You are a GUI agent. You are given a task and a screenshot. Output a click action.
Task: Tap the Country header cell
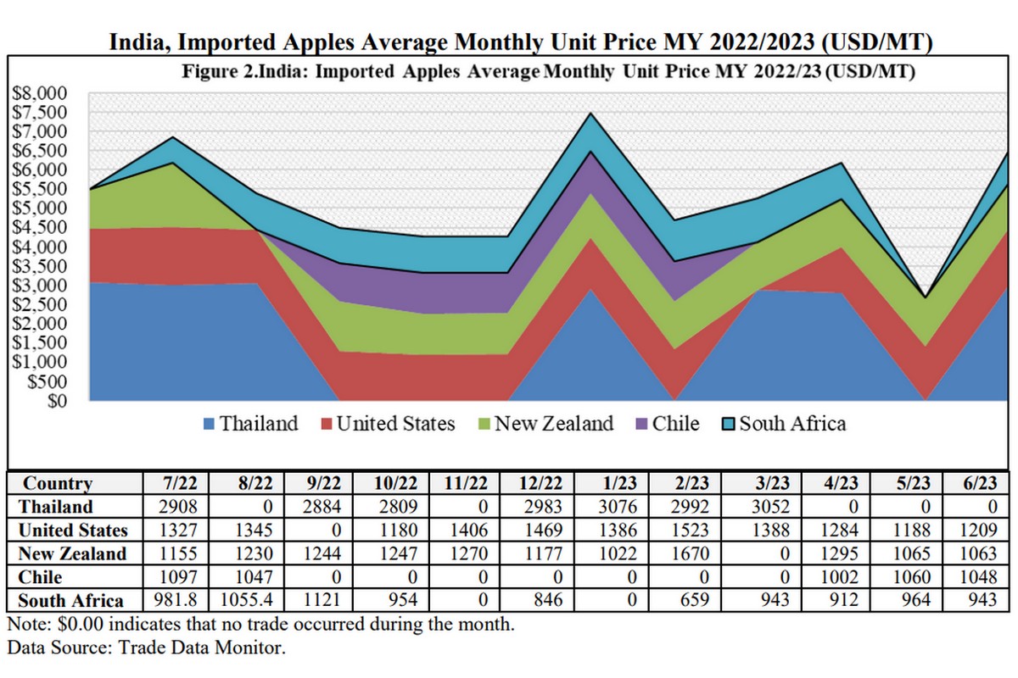(58, 484)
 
